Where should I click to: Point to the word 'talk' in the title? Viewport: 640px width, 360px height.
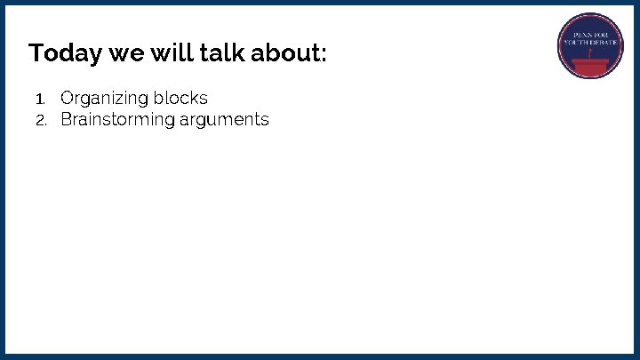tap(221, 53)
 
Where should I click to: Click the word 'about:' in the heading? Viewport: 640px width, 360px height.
tap(289, 53)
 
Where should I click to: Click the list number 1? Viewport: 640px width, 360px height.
tap(39, 99)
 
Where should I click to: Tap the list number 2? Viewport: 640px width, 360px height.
tap(40, 120)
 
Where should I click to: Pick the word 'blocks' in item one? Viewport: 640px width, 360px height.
tap(182, 98)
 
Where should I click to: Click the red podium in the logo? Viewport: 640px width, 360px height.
tap(590, 65)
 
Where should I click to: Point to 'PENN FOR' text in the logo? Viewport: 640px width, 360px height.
tap(590, 34)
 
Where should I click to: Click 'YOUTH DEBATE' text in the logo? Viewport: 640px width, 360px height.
tap(590, 43)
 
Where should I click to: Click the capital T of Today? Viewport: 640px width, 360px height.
tap(36, 53)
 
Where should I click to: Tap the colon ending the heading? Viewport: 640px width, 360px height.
tap(324, 56)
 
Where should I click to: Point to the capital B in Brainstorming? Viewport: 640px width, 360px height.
tap(66, 119)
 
